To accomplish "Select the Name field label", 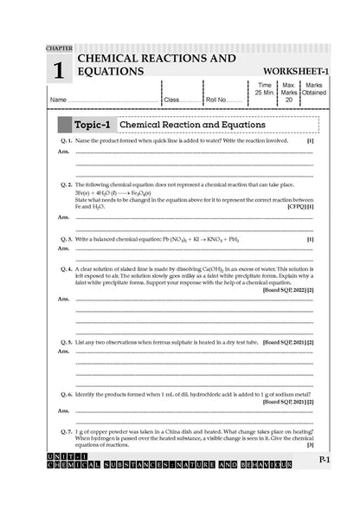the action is [59, 100].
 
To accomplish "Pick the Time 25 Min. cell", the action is [265, 91].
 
